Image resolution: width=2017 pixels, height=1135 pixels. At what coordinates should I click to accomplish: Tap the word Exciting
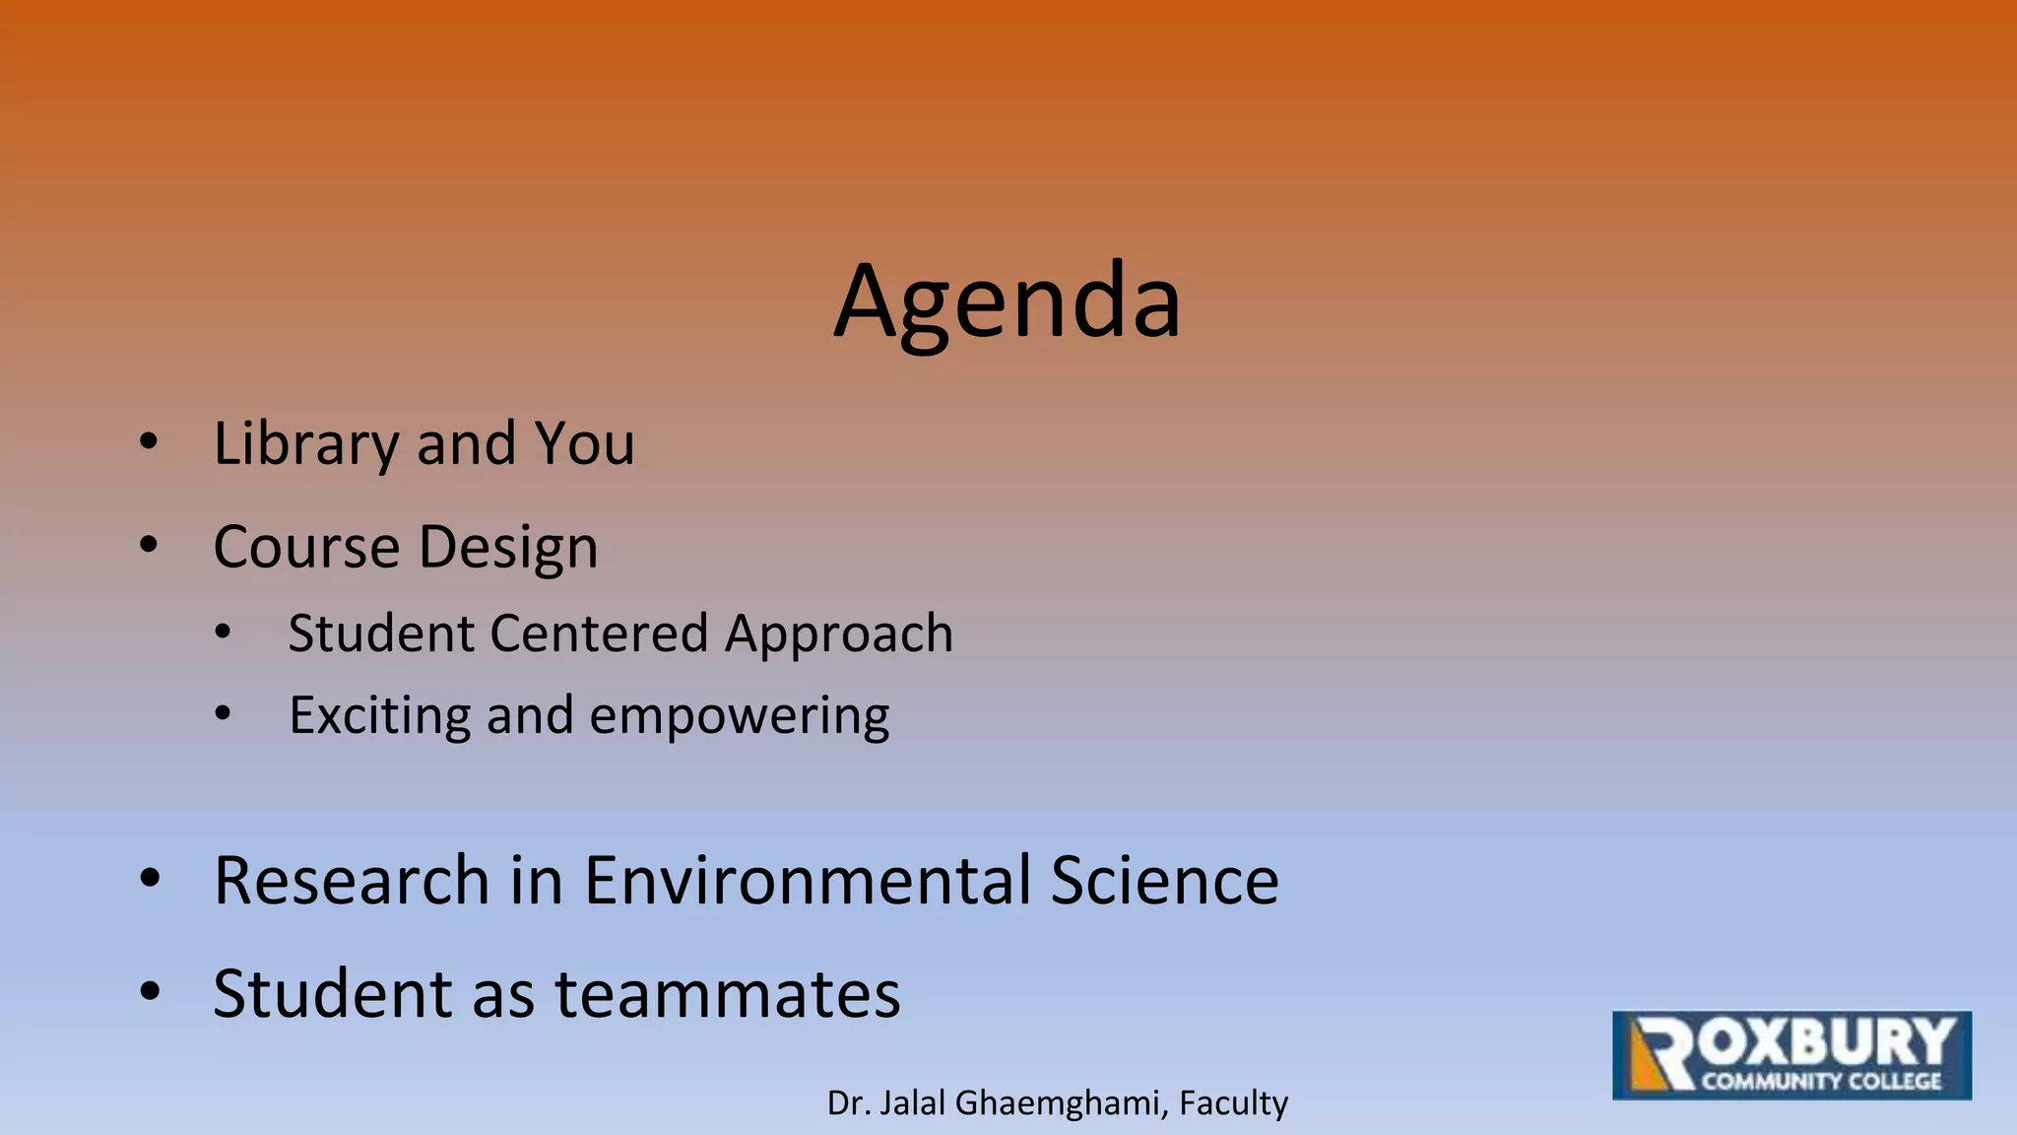(379, 716)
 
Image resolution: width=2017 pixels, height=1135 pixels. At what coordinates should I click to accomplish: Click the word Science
(1164, 880)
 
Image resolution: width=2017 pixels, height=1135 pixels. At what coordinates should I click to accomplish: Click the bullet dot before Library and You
(149, 442)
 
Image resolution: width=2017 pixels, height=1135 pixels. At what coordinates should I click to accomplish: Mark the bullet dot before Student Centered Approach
(224, 633)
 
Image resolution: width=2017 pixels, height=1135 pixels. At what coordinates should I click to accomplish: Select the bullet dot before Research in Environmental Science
(150, 879)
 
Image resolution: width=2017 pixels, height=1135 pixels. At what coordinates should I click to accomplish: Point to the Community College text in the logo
(1822, 1081)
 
